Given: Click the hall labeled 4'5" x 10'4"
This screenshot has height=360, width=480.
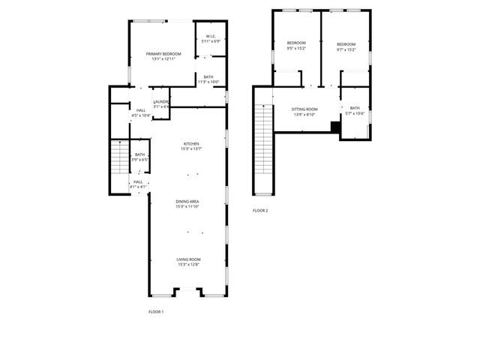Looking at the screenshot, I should click(141, 110).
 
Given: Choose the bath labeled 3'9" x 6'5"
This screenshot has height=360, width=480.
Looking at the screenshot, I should click(139, 154).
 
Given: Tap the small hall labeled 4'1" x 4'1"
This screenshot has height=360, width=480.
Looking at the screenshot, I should click(138, 181).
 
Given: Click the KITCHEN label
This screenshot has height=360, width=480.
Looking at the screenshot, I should click(191, 143).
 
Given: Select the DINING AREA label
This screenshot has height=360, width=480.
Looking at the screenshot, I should click(187, 201).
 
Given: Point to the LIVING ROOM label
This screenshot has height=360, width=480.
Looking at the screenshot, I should click(188, 259).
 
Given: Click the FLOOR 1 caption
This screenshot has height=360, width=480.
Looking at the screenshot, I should click(155, 310).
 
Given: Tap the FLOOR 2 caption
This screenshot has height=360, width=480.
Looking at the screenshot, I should click(260, 210).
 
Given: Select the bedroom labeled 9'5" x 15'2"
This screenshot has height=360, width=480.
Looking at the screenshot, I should click(296, 43).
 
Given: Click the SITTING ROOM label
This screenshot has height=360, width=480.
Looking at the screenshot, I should click(304, 109).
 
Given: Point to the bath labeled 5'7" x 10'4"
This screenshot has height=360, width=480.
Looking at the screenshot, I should click(355, 109).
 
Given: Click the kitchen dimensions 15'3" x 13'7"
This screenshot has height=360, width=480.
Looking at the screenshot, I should click(191, 148).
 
